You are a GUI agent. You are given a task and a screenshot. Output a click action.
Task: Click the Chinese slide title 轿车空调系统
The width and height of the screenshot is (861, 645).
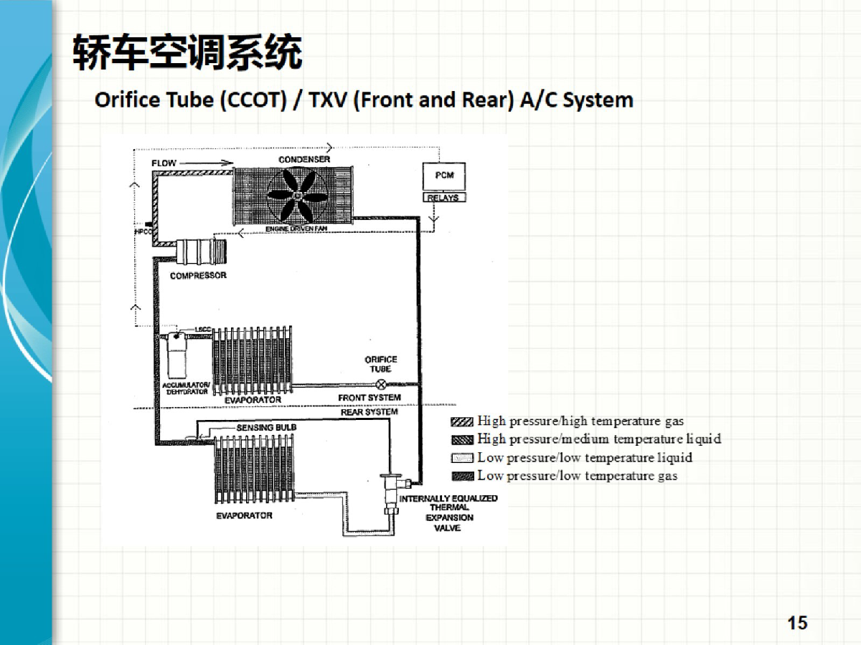[187, 53]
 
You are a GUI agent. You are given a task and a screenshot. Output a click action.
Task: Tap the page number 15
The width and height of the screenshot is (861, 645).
[797, 623]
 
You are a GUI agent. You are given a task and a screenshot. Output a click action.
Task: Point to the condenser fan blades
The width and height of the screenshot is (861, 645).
[296, 193]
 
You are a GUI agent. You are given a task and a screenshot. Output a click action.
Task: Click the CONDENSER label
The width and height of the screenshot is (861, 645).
[304, 158]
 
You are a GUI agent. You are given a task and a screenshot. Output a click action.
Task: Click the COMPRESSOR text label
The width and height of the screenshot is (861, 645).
[198, 276]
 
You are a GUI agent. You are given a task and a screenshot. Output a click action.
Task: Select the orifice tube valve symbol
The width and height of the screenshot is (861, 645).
[381, 385]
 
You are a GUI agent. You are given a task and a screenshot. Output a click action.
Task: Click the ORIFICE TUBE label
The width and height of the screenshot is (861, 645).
[381, 364]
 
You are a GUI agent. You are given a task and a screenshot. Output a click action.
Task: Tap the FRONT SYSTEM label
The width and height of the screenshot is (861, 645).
[370, 398]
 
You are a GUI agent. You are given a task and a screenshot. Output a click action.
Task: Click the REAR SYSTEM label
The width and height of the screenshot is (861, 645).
[370, 412]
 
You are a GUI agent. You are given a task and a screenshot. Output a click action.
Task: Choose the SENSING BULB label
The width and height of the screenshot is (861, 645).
[266, 427]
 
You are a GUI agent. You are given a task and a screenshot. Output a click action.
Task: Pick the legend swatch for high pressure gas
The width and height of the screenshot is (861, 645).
[463, 421]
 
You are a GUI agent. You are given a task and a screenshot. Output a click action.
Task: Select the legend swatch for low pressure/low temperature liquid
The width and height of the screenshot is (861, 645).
[463, 458]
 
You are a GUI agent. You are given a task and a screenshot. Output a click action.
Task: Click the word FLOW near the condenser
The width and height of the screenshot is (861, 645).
[164, 163]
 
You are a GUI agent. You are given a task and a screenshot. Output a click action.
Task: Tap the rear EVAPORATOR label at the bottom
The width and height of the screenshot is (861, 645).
[244, 515]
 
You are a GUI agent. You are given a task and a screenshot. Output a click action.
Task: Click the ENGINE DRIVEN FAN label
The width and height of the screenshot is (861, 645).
[296, 228]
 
